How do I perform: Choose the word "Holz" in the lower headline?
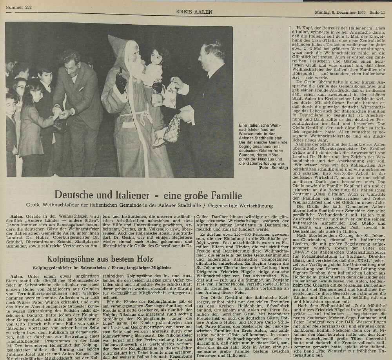click(142, 259)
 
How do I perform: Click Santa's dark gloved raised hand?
click(120, 82)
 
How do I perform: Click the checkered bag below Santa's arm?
click(171, 129)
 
